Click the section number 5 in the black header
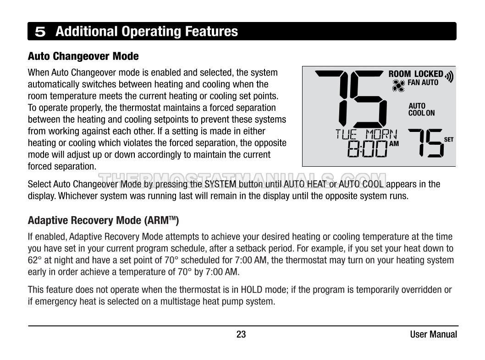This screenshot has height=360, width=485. (x=40, y=32)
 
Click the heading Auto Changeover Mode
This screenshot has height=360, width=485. (x=83, y=56)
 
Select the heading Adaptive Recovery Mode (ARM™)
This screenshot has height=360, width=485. (x=103, y=220)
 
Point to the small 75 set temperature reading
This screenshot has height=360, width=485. (x=425, y=142)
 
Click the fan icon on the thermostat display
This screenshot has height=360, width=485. (x=398, y=85)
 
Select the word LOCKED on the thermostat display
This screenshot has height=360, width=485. (x=429, y=74)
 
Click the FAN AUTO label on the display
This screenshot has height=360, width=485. (x=423, y=83)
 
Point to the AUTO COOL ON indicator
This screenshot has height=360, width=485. (x=421, y=109)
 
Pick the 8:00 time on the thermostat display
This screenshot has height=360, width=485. (x=367, y=149)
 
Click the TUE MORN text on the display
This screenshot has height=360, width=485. (x=366, y=134)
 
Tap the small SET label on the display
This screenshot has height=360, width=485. (x=449, y=140)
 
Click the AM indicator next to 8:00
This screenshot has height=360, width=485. (x=394, y=144)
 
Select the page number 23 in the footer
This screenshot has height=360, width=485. (x=241, y=334)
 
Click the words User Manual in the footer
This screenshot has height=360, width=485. (x=433, y=334)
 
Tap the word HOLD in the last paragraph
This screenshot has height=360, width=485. (x=251, y=289)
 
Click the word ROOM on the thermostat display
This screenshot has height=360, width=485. (x=400, y=74)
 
